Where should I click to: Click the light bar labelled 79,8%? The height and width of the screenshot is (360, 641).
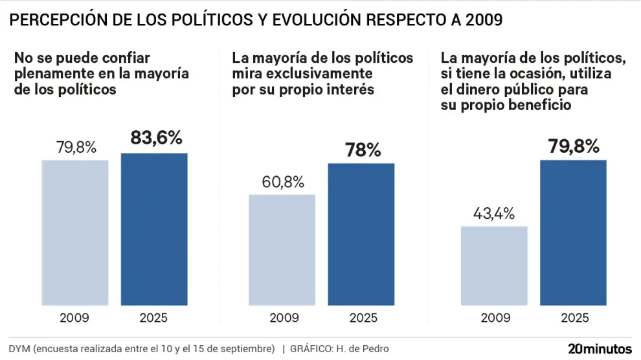click(75, 232)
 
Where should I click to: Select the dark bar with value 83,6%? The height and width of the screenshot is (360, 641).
click(154, 229)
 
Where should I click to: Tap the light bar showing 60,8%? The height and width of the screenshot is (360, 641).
click(282, 249)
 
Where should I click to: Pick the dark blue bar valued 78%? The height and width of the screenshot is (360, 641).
click(361, 234)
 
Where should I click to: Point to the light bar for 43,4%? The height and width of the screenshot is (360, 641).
click(493, 265)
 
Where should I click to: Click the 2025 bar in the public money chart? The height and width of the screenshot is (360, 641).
click(573, 232)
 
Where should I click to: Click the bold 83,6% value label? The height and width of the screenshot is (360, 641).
click(156, 138)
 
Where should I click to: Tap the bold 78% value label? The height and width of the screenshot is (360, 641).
click(363, 150)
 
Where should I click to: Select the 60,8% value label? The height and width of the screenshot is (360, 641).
click(284, 182)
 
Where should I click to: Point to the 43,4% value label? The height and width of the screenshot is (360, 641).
click(494, 213)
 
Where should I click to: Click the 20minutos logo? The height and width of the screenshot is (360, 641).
click(599, 348)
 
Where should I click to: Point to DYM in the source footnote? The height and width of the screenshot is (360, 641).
click(20, 349)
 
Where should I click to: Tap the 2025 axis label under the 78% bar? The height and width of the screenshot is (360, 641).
click(363, 317)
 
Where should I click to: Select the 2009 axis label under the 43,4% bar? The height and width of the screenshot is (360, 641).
click(493, 317)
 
